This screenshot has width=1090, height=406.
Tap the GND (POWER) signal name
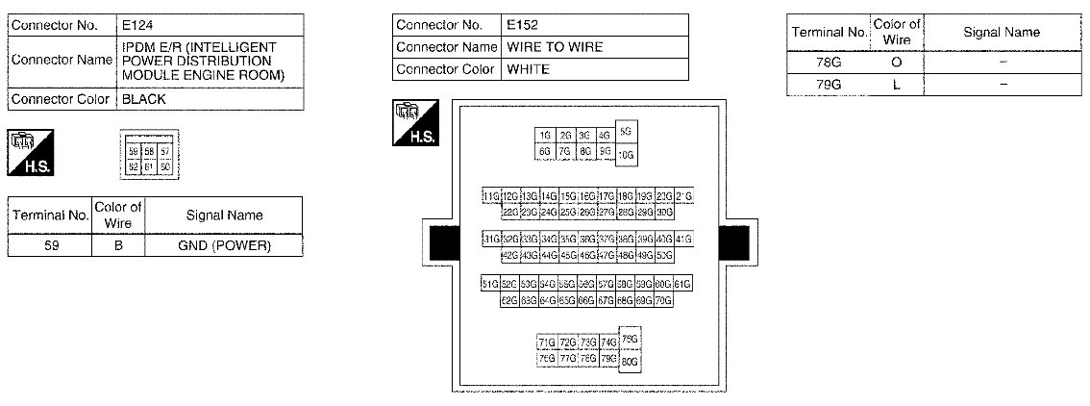[x=226, y=245]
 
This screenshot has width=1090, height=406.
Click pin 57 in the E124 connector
[x=165, y=152]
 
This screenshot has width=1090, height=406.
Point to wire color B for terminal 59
[x=120, y=245]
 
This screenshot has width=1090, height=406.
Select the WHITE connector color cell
[x=528, y=69]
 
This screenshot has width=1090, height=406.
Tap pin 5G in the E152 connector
[x=627, y=131]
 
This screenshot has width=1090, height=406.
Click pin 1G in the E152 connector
[x=545, y=136]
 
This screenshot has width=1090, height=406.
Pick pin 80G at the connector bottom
[x=630, y=362]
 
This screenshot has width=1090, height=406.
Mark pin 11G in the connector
[x=491, y=196]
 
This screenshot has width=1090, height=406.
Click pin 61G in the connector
[x=682, y=284]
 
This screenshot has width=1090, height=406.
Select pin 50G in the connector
[x=663, y=255]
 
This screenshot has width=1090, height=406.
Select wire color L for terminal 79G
[x=896, y=84]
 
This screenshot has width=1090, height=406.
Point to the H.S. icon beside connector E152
[x=415, y=123]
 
